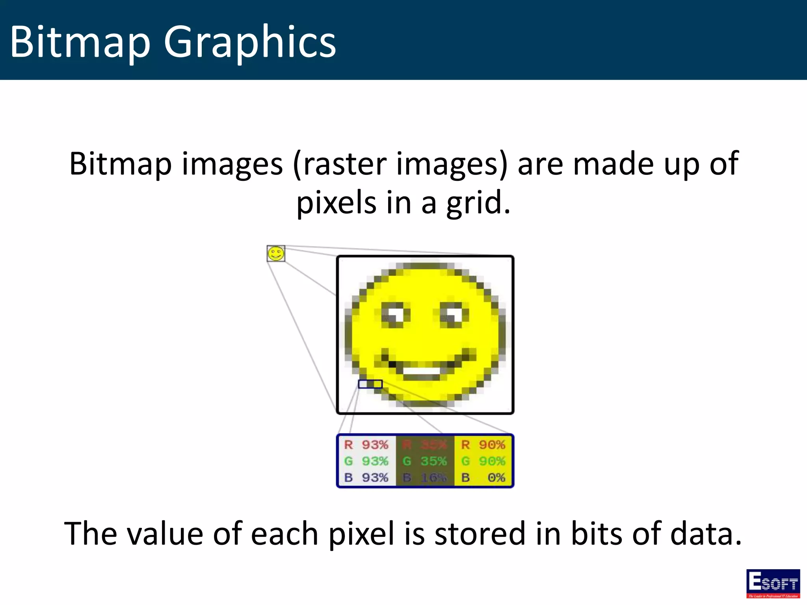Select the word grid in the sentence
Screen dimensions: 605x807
coord(478,202)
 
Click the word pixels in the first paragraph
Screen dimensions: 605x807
coord(337,202)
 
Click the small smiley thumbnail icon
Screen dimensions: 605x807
coord(276,254)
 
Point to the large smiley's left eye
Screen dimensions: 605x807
coord(396,315)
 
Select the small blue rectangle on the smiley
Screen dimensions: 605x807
coord(370,384)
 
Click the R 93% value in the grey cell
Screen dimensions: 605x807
coord(366,445)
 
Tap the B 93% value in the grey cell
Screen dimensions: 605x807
coord(366,477)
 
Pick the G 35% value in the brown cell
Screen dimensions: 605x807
coord(425,461)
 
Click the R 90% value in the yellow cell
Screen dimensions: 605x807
coord(483,445)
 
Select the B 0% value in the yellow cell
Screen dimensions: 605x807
coord(483,477)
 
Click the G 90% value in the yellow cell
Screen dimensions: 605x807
coord(483,461)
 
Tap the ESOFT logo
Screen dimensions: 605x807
coord(773,583)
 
